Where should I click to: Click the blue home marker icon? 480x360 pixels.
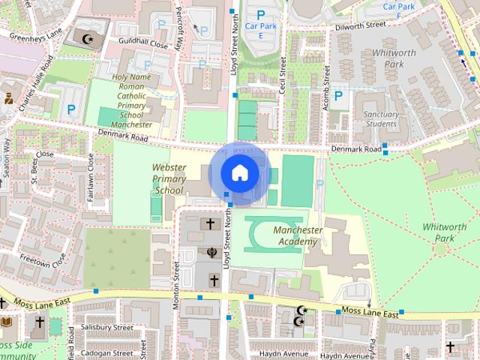(x=239, y=173)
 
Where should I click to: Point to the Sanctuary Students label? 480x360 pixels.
(x=380, y=118)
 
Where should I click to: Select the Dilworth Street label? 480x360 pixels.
(x=359, y=25)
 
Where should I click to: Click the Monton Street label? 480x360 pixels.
(x=177, y=285)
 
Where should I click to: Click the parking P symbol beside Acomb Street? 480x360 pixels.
(x=338, y=95)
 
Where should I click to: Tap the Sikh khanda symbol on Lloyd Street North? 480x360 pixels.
(x=211, y=252)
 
